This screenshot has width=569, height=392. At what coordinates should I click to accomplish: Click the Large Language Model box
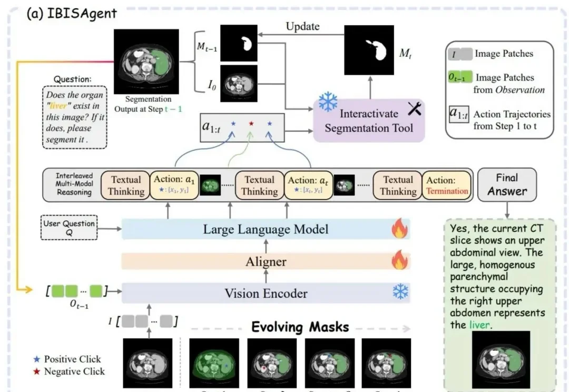tap(266, 229)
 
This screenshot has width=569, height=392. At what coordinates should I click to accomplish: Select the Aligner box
tap(266, 262)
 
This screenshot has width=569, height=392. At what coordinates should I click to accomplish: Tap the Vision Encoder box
tap(266, 293)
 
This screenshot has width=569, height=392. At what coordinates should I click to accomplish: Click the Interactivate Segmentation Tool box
tap(368, 121)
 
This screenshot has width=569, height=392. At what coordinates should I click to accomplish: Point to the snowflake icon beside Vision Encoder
tap(400, 292)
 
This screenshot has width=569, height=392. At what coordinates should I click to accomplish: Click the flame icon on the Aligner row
tap(399, 261)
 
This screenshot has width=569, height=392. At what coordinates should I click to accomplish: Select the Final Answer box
tap(506, 184)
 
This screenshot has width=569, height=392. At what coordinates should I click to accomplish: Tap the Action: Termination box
tap(447, 185)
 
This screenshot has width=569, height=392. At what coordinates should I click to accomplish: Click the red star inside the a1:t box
tap(251, 123)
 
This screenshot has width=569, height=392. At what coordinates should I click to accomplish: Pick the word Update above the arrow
tap(302, 26)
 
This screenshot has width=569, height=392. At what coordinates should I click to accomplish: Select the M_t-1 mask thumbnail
tap(239, 45)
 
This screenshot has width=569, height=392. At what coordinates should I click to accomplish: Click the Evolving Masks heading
tap(300, 327)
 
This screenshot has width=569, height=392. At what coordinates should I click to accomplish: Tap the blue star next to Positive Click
tap(36, 359)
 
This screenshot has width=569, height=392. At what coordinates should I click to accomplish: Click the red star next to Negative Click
tap(36, 371)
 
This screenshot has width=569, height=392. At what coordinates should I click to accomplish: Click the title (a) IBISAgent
tap(71, 14)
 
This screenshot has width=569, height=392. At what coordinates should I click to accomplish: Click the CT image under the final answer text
tap(501, 359)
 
